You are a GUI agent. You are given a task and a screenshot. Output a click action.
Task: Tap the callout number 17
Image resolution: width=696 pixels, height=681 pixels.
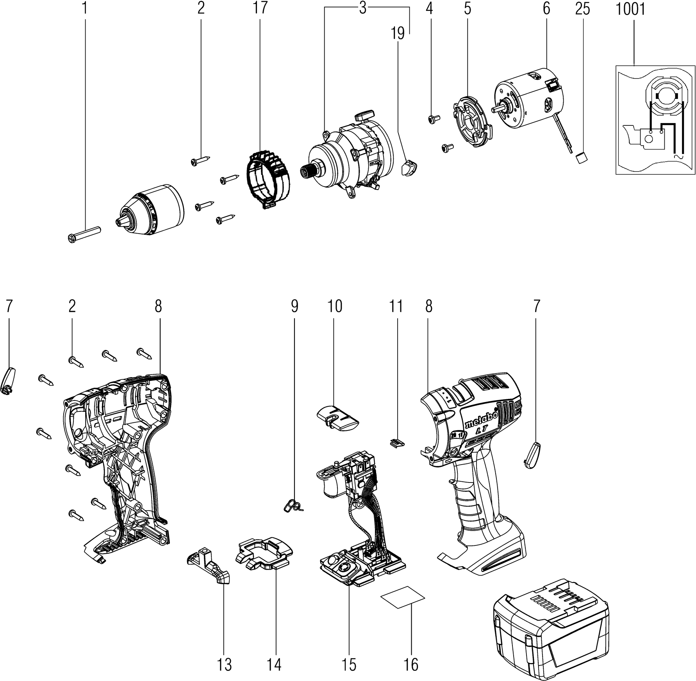(x=260, y=8)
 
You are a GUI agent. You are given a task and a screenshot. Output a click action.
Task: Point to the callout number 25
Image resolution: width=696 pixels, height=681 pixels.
(x=582, y=9)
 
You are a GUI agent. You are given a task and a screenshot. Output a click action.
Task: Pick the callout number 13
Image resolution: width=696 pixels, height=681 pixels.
(x=225, y=664)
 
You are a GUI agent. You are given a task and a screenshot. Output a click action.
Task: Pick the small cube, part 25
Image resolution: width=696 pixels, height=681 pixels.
(x=582, y=158)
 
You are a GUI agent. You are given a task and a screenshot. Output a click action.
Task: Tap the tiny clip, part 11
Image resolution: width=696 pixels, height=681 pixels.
(x=397, y=443)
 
